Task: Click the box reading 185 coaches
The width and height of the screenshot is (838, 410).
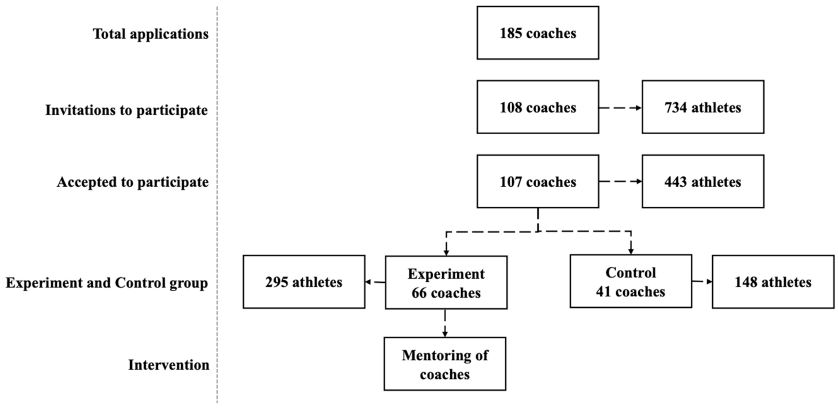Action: pyautogui.click(x=537, y=33)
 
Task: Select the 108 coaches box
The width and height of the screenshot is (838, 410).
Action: pyautogui.click(x=537, y=107)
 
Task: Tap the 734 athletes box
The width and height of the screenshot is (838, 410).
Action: pyautogui.click(x=702, y=107)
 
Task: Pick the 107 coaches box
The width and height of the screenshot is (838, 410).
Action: pyautogui.click(x=537, y=181)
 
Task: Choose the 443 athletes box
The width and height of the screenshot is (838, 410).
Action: pyautogui.click(x=702, y=181)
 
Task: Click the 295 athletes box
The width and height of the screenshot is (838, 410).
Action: pyautogui.click(x=304, y=282)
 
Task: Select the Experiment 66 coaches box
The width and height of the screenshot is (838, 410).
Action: pyautogui.click(x=446, y=283)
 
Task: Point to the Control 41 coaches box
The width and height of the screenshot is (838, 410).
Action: pyautogui.click(x=630, y=281)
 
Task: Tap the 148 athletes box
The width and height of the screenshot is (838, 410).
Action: pyautogui.click(x=773, y=282)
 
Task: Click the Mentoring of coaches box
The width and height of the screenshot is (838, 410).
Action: pyautogui.click(x=445, y=364)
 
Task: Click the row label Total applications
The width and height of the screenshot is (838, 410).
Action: pyautogui.click(x=150, y=34)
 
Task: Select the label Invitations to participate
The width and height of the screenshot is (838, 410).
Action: pyautogui.click(x=126, y=110)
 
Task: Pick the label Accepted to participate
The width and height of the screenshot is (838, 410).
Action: pyautogui.click(x=132, y=182)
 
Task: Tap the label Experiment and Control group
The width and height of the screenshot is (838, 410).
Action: pyautogui.click(x=106, y=283)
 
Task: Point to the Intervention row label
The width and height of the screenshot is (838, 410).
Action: pyautogui.click(x=168, y=365)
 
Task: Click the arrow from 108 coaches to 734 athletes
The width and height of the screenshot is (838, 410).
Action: pyautogui.click(x=620, y=108)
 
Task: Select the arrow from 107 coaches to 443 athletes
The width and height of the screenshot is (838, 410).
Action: pyautogui.click(x=620, y=181)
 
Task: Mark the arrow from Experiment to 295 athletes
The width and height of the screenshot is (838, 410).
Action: pyautogui.click(x=375, y=282)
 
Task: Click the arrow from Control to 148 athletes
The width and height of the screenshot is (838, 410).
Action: pyautogui.click(x=702, y=282)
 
